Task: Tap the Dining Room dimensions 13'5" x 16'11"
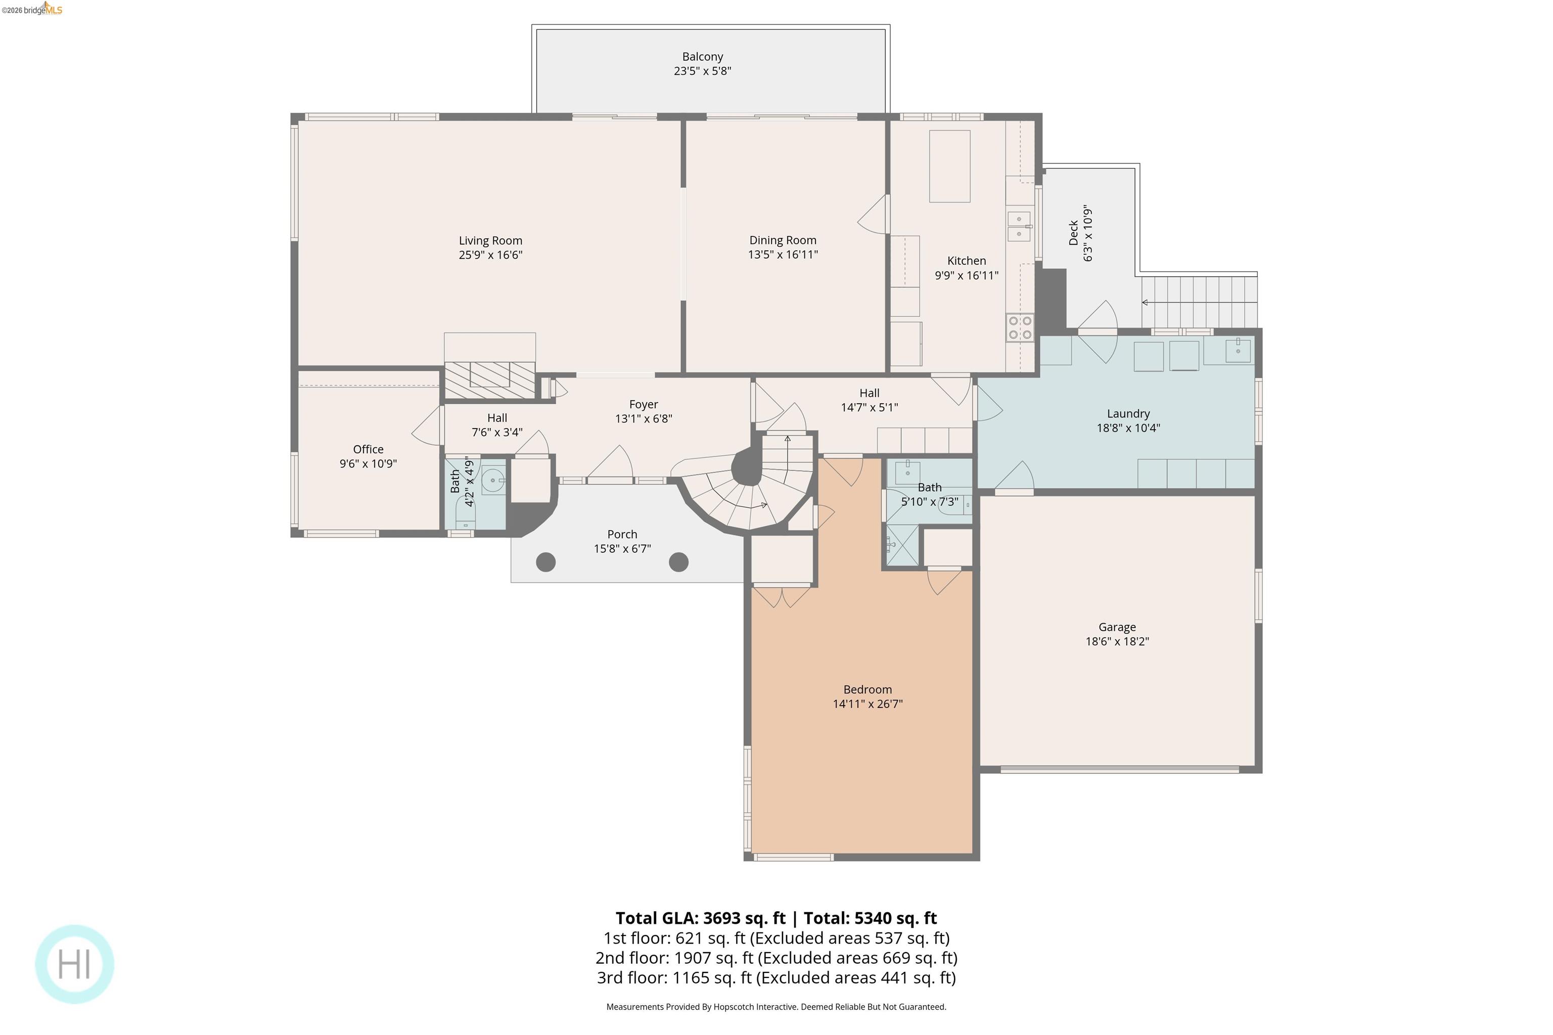click(x=783, y=255)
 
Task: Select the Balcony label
click(x=703, y=57)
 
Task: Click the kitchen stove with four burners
click(x=1020, y=328)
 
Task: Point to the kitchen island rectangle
click(x=949, y=166)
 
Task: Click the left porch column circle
click(x=545, y=562)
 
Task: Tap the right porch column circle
click(x=679, y=562)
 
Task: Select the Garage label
click(x=1117, y=627)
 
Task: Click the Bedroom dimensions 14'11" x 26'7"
click(x=867, y=703)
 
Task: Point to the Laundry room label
click(x=1128, y=414)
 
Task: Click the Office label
click(x=368, y=449)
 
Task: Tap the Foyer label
click(x=644, y=405)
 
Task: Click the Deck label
click(x=1074, y=233)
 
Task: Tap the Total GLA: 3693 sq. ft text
click(x=701, y=918)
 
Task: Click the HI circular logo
click(x=75, y=964)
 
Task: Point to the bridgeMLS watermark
click(x=32, y=9)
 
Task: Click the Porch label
click(x=622, y=535)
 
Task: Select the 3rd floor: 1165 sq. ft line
click(x=776, y=977)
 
